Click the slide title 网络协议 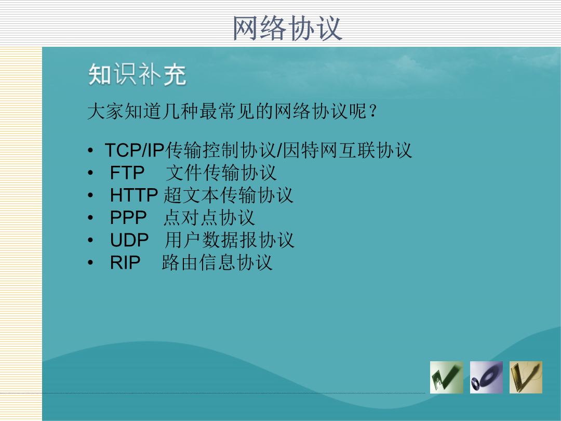coord(288,28)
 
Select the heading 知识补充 coord(137,74)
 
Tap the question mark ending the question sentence coord(372,111)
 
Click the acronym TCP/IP coord(135,150)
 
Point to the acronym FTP coord(127,173)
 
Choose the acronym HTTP coord(134,195)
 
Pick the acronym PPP coord(128,218)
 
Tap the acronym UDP coord(129,240)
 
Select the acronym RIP coord(125,262)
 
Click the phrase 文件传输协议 coord(221,173)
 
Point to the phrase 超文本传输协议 coord(228,195)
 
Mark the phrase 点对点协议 coord(209,218)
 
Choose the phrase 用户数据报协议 coord(230,240)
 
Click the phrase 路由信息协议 coord(217,262)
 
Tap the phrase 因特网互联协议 coord(348,150)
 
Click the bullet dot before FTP coord(90,173)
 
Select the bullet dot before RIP coord(90,263)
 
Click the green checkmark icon coord(447,377)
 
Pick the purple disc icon coord(486,377)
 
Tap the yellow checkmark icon coord(526,377)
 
